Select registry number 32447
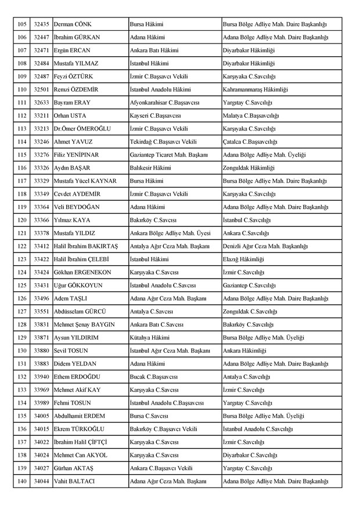coord(41,37)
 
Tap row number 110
coord(22,90)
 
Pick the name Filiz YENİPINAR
coord(77,155)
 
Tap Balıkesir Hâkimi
coord(150,168)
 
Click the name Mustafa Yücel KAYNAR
coord(84,181)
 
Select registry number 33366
coord(41,221)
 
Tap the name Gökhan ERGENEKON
coord(82,272)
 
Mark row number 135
coord(22,416)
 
